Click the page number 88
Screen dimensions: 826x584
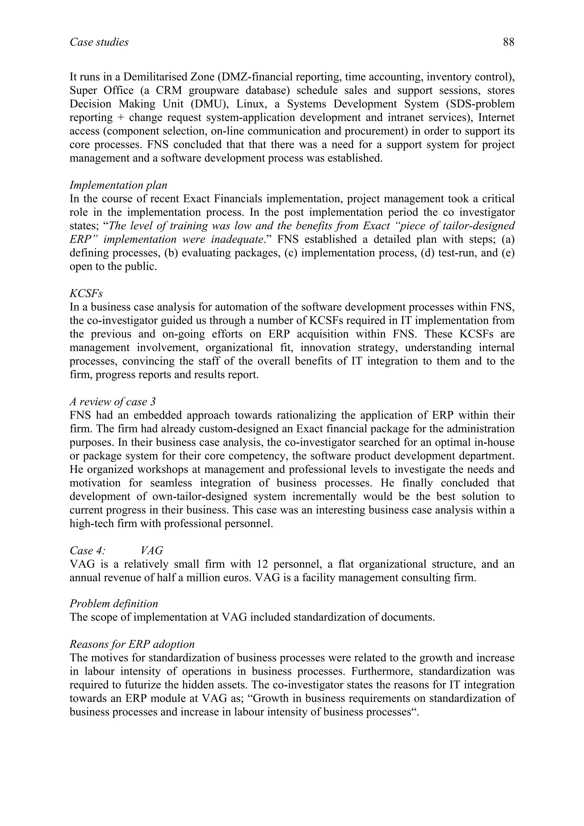coord(508,42)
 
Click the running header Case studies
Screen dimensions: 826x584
coord(99,42)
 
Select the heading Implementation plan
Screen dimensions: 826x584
coord(118,185)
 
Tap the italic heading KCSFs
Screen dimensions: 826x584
coord(86,294)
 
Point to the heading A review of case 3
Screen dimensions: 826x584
coord(113,402)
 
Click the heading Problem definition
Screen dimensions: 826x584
coord(114,603)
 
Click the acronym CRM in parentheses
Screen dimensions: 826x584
coord(169,91)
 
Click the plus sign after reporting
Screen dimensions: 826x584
coord(119,118)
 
